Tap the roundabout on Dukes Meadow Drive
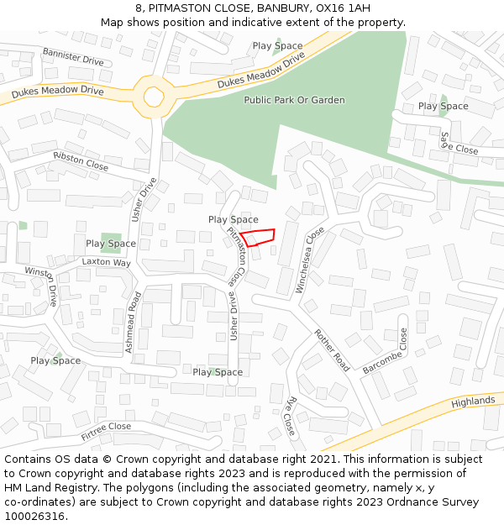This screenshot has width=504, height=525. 154,97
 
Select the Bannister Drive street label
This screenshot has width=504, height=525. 73,56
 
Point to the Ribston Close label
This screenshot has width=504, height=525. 81,161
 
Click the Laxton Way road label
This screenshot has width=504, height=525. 107,262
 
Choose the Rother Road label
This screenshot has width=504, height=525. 332,350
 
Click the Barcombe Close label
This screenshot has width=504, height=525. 385,351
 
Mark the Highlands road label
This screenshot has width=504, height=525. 473,402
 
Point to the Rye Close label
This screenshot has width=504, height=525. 291,415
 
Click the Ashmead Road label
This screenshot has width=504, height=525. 134,322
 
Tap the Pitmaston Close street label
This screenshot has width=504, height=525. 237,253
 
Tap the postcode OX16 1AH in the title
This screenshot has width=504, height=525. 342,8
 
